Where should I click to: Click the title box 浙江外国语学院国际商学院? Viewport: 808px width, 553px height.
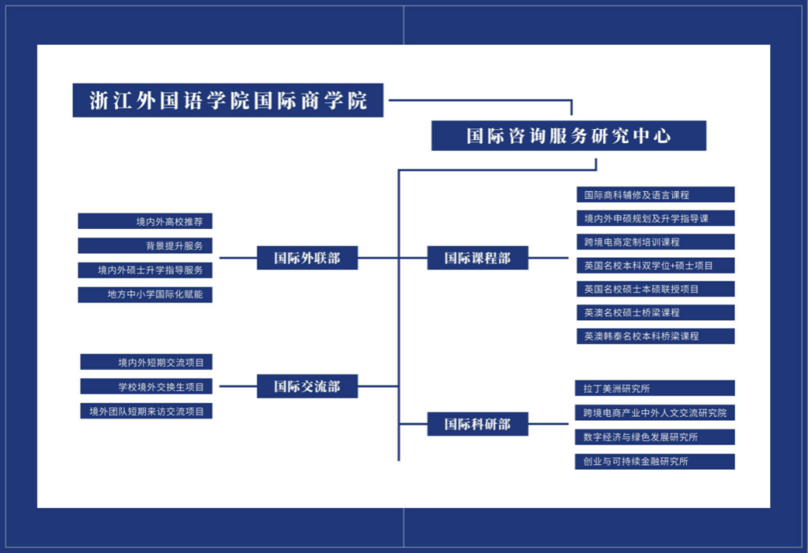click(x=228, y=101)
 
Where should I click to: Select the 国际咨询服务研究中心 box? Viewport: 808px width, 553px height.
click(x=569, y=136)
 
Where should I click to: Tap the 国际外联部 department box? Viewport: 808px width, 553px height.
click(x=307, y=258)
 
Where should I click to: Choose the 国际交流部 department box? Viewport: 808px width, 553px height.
click(x=307, y=386)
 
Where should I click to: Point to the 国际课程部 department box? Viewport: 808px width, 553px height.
click(x=477, y=258)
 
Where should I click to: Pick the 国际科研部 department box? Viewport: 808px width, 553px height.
click(x=477, y=424)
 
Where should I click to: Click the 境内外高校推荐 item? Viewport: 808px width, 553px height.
click(x=145, y=222)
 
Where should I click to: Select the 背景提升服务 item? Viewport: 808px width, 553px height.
click(x=145, y=246)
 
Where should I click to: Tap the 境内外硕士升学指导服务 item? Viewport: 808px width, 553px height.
click(x=145, y=270)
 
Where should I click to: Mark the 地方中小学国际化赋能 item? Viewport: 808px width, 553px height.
click(x=145, y=294)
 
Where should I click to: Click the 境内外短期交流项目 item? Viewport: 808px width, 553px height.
click(x=146, y=362)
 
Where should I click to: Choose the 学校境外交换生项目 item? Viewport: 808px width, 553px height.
click(x=146, y=387)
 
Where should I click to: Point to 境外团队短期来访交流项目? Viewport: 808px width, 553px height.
click(x=146, y=411)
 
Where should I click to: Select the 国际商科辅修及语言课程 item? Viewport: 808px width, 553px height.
click(x=655, y=195)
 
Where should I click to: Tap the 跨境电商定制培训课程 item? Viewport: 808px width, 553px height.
click(x=655, y=242)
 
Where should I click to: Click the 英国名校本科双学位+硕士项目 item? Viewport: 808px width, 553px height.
click(x=655, y=265)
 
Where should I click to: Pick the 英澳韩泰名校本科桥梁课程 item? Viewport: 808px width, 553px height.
click(x=655, y=336)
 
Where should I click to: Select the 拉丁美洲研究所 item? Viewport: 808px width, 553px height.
click(x=655, y=388)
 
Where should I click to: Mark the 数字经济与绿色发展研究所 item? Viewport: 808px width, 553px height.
click(x=655, y=437)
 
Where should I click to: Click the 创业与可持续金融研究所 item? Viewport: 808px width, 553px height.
click(x=655, y=462)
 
